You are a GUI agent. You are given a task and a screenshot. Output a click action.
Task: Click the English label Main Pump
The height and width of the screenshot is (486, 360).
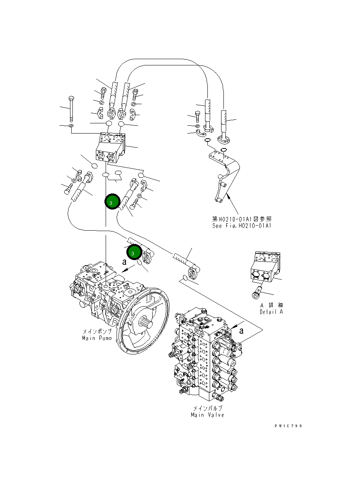tap(97, 338)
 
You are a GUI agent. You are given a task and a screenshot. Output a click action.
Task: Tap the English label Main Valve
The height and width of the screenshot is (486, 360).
tap(207, 415)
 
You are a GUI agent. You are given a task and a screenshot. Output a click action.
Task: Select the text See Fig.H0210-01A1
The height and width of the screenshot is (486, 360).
tap(242, 226)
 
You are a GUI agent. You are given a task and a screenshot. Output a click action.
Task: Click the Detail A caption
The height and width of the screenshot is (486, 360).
tap(271, 312)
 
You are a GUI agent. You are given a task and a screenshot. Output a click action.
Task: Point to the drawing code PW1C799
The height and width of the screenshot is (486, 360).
tap(288, 426)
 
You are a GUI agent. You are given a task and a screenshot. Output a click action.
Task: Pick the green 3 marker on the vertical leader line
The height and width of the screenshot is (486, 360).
tap(112, 202)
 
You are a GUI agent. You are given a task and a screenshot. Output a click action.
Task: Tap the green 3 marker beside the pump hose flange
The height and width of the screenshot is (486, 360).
tap(133, 253)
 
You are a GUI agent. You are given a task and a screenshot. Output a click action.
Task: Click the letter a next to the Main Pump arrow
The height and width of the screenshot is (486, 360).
tap(124, 262)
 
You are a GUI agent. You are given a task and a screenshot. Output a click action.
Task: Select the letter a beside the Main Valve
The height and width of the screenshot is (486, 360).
tap(241, 331)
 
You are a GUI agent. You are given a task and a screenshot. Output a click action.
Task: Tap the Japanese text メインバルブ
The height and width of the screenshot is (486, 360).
tap(207, 408)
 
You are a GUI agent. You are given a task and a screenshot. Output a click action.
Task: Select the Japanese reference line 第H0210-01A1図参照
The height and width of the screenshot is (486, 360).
tap(242, 219)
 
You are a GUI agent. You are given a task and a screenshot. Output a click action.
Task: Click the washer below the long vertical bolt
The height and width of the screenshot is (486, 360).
tap(71, 126)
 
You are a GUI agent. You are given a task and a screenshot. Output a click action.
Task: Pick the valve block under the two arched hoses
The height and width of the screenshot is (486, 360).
tap(111, 148)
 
